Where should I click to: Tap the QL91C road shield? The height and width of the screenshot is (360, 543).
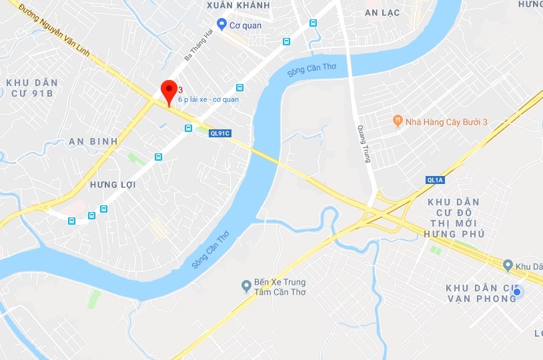(x=219, y=133)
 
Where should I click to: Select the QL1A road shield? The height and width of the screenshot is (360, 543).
(x=436, y=180)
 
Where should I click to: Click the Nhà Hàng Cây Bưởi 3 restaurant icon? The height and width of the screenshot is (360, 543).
(x=398, y=121)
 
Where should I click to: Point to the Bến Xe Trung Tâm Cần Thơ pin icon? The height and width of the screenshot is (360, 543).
(x=246, y=287)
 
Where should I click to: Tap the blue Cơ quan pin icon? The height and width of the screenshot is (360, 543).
(x=221, y=25)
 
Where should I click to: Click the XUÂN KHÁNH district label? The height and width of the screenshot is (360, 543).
(x=238, y=5)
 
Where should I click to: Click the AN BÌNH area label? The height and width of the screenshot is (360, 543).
(x=93, y=141)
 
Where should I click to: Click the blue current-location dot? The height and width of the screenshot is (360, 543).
(x=516, y=291)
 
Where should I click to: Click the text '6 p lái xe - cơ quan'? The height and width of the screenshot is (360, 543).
(x=208, y=99)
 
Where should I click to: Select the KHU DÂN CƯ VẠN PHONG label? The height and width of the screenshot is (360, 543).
(x=482, y=293)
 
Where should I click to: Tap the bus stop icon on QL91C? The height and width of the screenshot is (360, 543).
(x=189, y=128)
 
